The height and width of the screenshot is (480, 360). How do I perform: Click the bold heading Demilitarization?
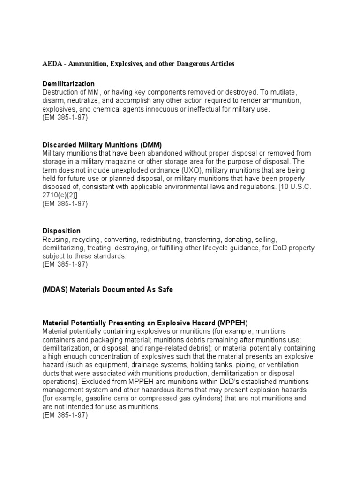68,84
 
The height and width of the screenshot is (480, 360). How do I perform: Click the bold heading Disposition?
61,231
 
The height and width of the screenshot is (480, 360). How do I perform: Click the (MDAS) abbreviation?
55,290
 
